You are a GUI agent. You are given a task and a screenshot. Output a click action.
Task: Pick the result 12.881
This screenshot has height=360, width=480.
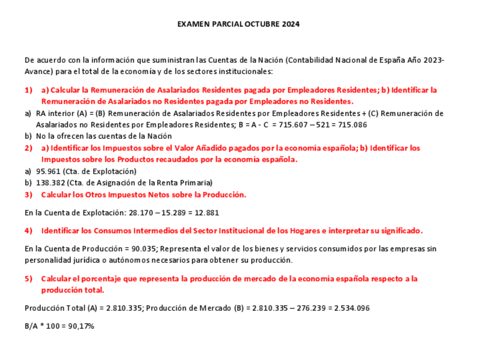coord(207,213)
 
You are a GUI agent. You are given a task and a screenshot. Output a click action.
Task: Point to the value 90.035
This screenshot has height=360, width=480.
coord(142,249)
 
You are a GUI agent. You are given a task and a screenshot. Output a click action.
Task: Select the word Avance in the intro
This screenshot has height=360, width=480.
coord(37,72)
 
